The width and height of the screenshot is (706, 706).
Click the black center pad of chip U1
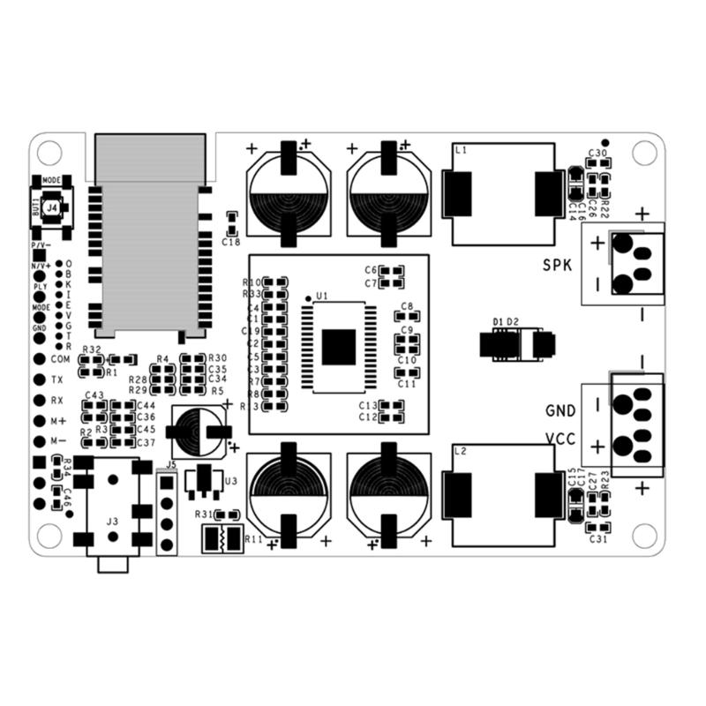338,347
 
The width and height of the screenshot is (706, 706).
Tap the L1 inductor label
461,151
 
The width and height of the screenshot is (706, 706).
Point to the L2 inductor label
461,451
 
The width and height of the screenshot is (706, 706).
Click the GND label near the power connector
561,411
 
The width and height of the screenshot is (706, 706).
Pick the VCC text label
561,439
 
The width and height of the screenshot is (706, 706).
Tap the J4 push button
52,207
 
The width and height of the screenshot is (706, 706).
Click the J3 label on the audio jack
112,522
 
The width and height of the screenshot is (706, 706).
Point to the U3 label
231,481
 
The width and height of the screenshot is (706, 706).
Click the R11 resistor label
253,538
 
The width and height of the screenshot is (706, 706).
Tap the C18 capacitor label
231,242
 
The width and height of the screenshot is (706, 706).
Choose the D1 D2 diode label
507,321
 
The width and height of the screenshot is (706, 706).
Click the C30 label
597,154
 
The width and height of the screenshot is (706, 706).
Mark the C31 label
597,539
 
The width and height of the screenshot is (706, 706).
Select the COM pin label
60,359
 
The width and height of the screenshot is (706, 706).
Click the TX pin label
56,379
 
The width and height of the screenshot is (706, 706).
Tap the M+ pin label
58,421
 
